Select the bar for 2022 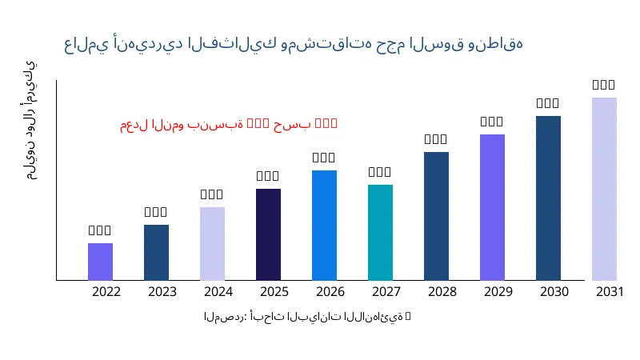(x=100, y=262)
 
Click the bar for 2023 (x=156, y=253)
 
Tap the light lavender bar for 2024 (x=212, y=244)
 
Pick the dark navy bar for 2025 (x=268, y=234)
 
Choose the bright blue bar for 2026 (x=324, y=226)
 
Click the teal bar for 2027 (x=380, y=233)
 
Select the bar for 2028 (x=436, y=216)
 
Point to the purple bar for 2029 (x=492, y=207)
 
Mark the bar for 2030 (x=548, y=198)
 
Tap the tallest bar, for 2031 (x=604, y=189)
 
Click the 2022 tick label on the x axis (x=106, y=291)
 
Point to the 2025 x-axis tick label (x=274, y=291)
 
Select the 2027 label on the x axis (x=386, y=291)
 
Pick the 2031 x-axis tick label (x=610, y=291)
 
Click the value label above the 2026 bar (x=324, y=158)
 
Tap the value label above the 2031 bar (x=604, y=85)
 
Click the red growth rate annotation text (x=229, y=124)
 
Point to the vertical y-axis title (x=30, y=120)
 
